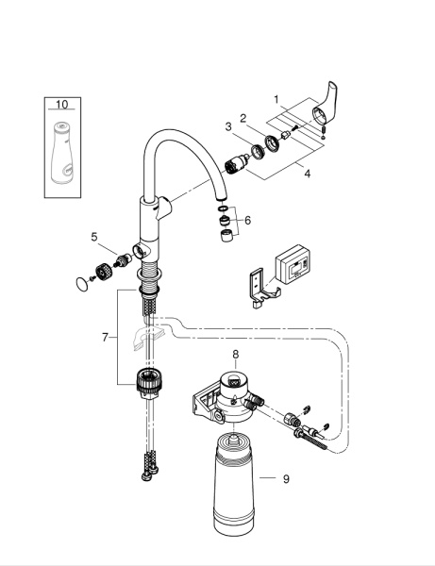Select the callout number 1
point(276,98)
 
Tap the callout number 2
point(243,118)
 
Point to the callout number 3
point(227,126)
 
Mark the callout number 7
point(106,337)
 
